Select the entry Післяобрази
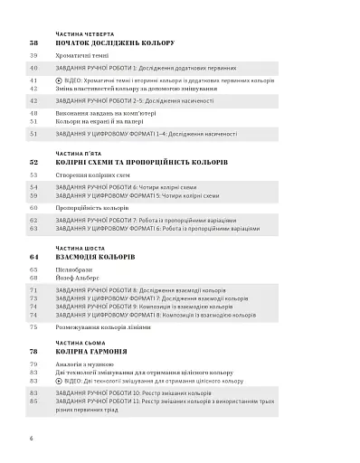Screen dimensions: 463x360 tap(76, 269)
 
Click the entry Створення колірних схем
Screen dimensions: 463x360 tap(98, 175)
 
